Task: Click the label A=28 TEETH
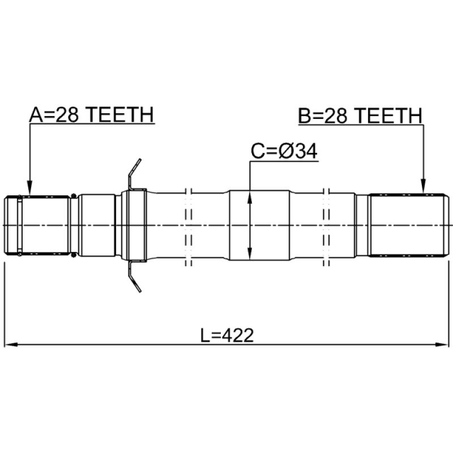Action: [92, 115]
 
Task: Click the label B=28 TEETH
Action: [360, 116]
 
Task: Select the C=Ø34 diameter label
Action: [284, 151]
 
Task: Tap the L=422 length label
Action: [227, 335]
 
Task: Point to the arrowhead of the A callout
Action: [29, 189]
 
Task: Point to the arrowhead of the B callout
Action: [423, 186]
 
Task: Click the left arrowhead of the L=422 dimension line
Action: [11, 344]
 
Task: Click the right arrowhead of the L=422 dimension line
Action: [442, 344]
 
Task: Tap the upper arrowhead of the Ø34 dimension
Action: [250, 198]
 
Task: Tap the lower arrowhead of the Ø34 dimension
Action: [250, 253]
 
